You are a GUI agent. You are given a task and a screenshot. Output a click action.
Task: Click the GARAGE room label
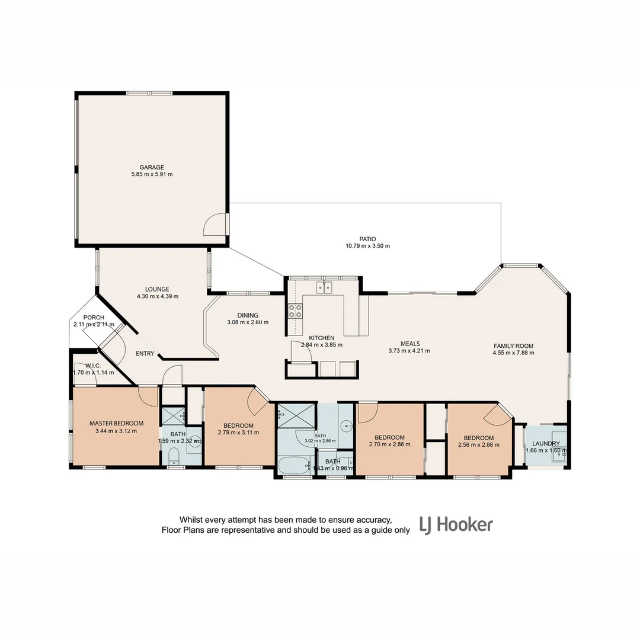coord(152,167)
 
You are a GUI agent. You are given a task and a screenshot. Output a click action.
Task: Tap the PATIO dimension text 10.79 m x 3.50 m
coord(367,246)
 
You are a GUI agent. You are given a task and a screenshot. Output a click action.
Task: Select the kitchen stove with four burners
coord(295,311)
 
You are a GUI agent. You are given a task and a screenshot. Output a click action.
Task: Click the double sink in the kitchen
coord(324,289)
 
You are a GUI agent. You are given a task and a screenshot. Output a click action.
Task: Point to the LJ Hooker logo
coord(456,525)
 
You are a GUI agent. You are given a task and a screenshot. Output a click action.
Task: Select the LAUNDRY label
coord(546,443)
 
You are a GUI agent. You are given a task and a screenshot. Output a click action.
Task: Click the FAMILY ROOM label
coord(514,346)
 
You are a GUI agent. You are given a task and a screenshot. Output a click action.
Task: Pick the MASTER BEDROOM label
coord(116,423)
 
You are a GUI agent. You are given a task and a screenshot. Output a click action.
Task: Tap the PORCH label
coord(94,318)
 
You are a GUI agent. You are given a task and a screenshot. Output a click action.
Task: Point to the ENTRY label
coord(145,354)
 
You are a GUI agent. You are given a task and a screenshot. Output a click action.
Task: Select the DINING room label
coord(248,315)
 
